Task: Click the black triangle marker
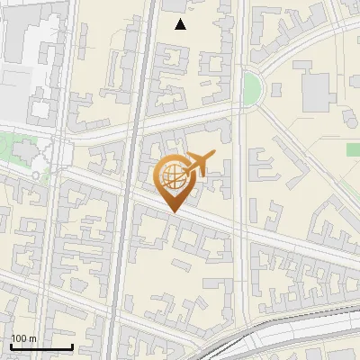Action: point(181,24)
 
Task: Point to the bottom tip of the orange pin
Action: point(174,211)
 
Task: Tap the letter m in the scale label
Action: point(32,338)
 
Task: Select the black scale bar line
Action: point(41,346)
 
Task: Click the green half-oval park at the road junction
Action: point(253,88)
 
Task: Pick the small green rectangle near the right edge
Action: point(354,148)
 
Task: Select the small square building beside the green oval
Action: point(275,88)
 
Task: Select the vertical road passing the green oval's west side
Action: point(239,180)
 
